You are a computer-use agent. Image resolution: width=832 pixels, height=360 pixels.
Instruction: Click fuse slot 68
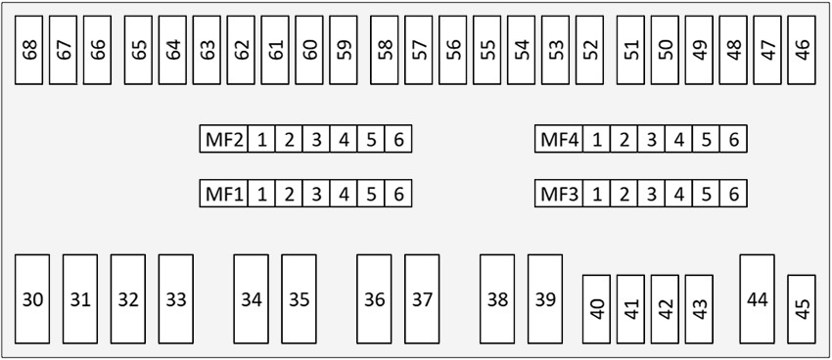pos(28,50)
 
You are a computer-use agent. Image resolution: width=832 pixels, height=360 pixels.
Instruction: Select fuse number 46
pos(802,50)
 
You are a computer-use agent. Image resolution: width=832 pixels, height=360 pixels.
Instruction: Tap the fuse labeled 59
pos(344,50)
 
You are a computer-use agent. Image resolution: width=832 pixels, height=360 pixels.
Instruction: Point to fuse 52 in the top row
pos(589,50)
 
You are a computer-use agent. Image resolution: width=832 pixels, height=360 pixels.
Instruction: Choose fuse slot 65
pos(138,50)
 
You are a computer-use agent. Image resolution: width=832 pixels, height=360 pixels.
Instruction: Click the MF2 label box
pos(224,139)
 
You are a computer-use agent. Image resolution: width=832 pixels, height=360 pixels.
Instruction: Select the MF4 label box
pos(559,139)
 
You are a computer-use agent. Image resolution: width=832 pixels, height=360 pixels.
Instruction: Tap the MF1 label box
pos(224,194)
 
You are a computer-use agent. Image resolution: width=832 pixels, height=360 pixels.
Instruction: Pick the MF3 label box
pos(559,194)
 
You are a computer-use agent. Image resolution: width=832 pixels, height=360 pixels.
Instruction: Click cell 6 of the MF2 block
pos(398,139)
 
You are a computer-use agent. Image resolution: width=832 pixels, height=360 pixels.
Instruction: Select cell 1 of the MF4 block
pos(596,139)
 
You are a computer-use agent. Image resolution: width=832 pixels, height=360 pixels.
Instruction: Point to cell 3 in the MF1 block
pos(316,194)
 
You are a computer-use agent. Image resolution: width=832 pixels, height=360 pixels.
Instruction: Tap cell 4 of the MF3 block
pos(678,194)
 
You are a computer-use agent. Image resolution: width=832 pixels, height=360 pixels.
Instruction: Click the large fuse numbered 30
pos(32,299)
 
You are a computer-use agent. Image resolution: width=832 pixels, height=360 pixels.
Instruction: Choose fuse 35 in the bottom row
pos(299,299)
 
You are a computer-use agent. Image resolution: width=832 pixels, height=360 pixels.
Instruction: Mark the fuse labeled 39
pos(545,299)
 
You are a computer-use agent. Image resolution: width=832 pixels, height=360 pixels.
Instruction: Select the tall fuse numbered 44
pos(758,299)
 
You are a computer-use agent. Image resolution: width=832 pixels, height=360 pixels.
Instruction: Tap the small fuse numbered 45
pos(802,309)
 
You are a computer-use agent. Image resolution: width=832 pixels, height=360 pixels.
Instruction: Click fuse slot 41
pos(630,309)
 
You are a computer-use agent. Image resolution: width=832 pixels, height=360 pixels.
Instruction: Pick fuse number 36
pos(374,299)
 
